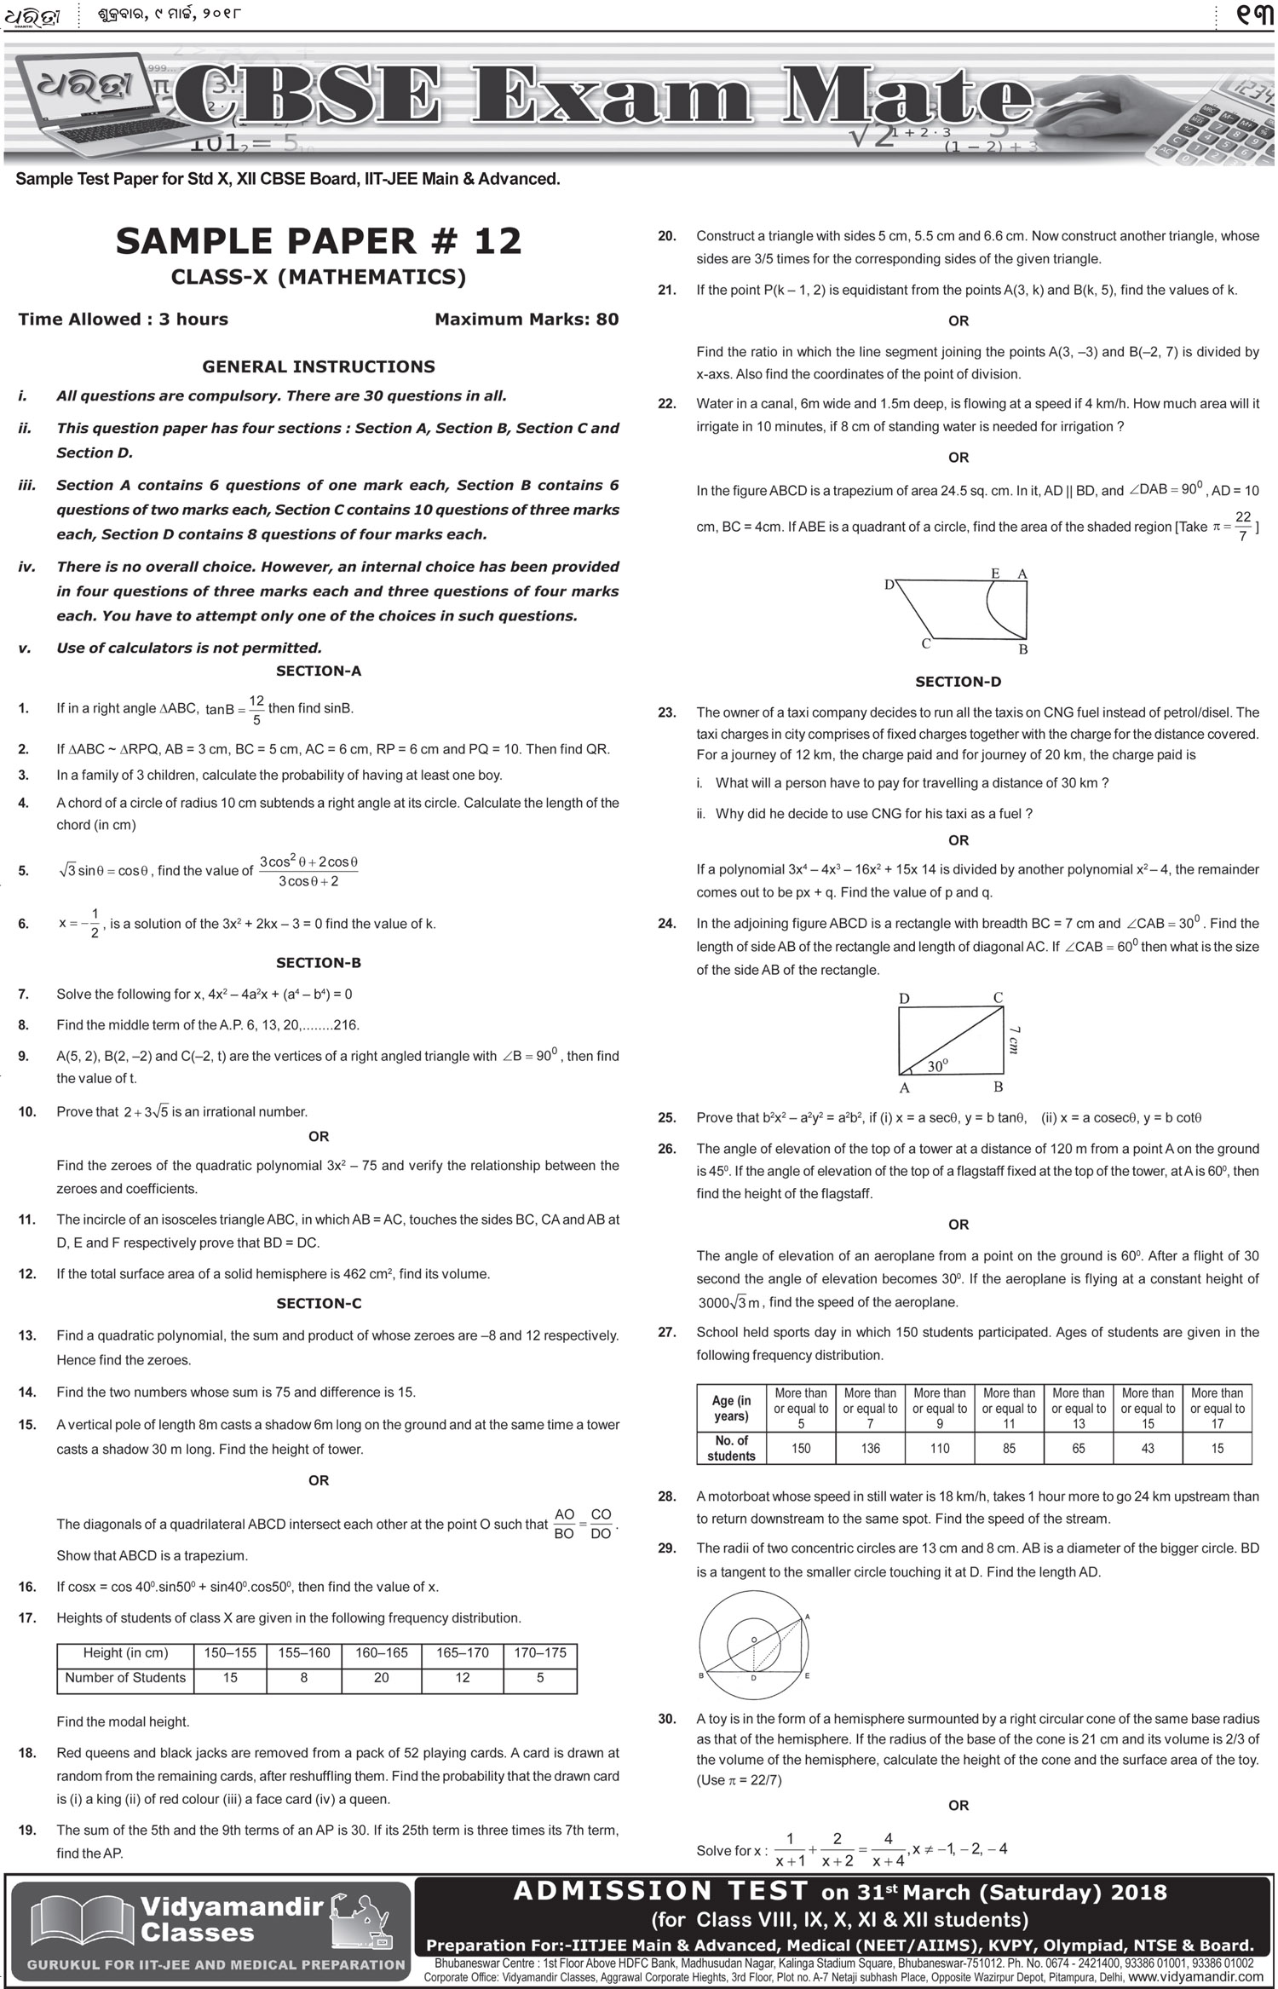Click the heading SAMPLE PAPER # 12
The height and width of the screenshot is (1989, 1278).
319,241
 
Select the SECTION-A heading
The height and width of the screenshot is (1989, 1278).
319,671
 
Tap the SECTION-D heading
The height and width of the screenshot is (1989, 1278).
958,682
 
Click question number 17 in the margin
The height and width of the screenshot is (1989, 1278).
26,1617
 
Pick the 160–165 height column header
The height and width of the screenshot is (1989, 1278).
381,1652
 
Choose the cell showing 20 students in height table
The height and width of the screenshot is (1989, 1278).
381,1677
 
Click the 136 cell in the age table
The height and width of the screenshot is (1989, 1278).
870,1448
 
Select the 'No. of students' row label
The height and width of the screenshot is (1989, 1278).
731,1448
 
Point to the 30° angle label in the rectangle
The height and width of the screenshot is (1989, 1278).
937,1066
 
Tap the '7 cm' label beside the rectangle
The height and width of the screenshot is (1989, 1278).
1013,1041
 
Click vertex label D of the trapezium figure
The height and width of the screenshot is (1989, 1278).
889,585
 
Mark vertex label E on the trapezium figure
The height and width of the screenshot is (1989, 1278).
995,574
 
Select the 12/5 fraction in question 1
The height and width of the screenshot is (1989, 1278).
256,709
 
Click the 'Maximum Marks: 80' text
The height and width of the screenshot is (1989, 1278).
527,320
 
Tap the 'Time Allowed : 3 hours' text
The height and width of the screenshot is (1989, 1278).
124,320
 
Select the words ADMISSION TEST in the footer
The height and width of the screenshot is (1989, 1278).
660,1892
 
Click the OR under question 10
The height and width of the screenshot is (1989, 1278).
319,1136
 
